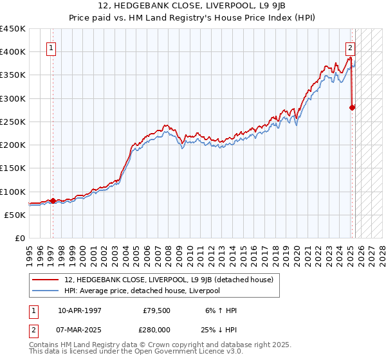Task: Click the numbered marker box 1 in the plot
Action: (50, 47)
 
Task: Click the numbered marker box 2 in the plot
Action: (350, 47)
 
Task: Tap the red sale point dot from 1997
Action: (53, 200)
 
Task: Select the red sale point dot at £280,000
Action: (352, 107)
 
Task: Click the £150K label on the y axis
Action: (13, 168)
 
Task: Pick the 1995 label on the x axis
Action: (30, 252)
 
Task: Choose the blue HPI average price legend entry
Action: (142, 291)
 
